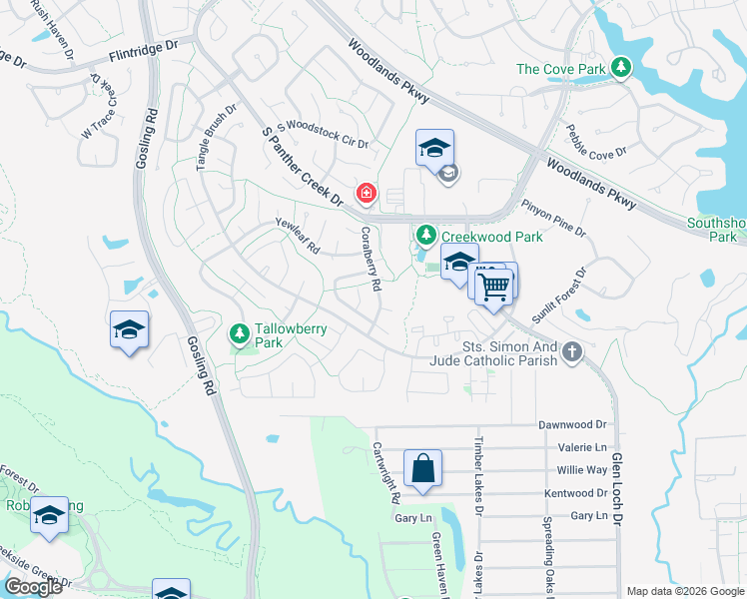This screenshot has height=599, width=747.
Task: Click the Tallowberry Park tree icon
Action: coord(239,330)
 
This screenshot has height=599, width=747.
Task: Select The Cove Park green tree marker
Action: coord(622,67)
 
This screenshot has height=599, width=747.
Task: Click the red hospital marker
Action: coord(367,192)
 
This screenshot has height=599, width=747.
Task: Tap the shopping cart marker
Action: coord(493,287)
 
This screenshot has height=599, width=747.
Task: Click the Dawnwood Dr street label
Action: coord(573,424)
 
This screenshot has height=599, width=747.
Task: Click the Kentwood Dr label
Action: coord(576,493)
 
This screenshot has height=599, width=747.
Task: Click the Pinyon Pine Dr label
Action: coord(553,217)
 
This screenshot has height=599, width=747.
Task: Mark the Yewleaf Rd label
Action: coord(298,235)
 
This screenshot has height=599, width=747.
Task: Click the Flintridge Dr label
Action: coord(143,49)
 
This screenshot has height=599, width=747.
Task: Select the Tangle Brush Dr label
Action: coord(216,138)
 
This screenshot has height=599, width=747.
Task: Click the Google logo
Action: coord(33,587)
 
